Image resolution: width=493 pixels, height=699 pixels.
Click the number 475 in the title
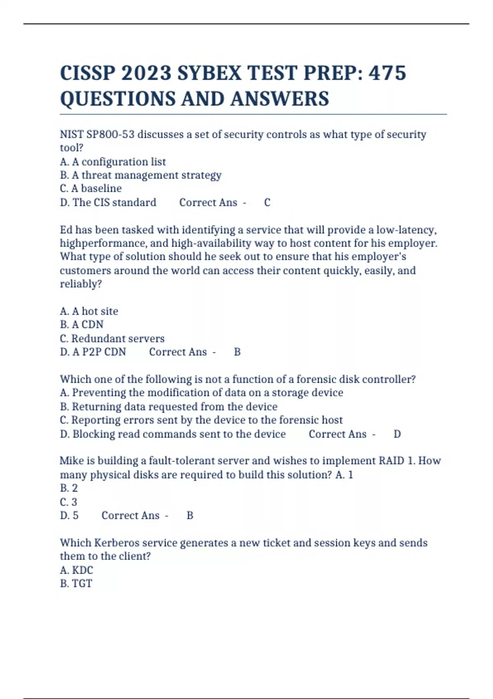[x=387, y=73]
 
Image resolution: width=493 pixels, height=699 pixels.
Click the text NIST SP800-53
[x=97, y=134]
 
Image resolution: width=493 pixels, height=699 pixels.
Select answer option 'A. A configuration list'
[x=113, y=162]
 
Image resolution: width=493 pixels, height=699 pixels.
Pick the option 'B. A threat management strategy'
[x=141, y=175]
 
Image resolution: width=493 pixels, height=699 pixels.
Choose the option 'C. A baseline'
[x=91, y=188]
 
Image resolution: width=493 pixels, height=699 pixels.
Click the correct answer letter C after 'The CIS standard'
[x=267, y=202]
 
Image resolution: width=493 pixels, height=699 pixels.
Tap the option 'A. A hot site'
[x=89, y=311]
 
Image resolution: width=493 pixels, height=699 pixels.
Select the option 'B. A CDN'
[x=82, y=324]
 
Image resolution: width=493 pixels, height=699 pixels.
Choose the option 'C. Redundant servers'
[x=112, y=338]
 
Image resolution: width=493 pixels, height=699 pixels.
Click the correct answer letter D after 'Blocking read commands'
[x=397, y=434]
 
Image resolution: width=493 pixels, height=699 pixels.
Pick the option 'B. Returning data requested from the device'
[x=168, y=406]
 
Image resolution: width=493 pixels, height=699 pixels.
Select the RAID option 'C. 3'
[x=69, y=502]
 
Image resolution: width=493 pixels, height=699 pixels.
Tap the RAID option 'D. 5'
[x=69, y=515]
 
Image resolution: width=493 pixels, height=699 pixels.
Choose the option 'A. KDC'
[x=77, y=570]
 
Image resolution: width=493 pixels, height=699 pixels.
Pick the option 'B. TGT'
[x=76, y=583]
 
